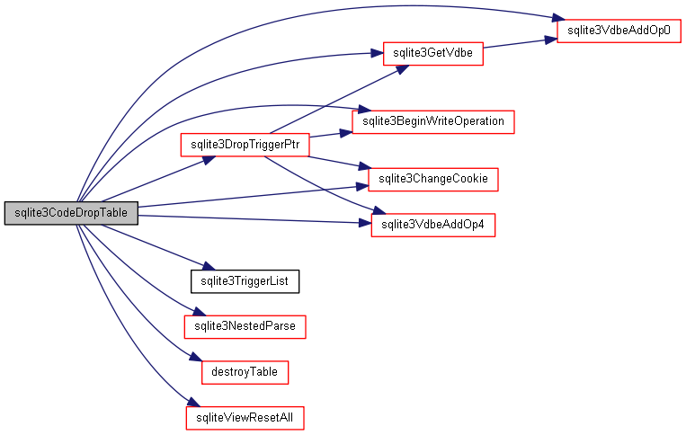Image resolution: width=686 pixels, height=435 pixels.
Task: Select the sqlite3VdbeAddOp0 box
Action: pyautogui.click(x=619, y=30)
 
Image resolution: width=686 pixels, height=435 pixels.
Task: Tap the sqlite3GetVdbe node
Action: pyautogui.click(x=433, y=54)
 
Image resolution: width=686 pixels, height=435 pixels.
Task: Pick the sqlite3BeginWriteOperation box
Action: pyautogui.click(x=432, y=120)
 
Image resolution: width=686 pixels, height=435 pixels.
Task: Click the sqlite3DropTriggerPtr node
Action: pyautogui.click(x=245, y=145)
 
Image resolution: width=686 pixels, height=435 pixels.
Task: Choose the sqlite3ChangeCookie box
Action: pyautogui.click(x=432, y=179)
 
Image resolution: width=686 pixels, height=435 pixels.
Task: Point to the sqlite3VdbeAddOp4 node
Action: pyautogui.click(x=432, y=225)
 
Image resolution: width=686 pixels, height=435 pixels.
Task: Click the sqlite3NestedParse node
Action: pyautogui.click(x=245, y=325)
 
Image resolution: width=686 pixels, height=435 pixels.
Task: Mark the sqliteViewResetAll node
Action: pyautogui.click(x=245, y=418)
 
